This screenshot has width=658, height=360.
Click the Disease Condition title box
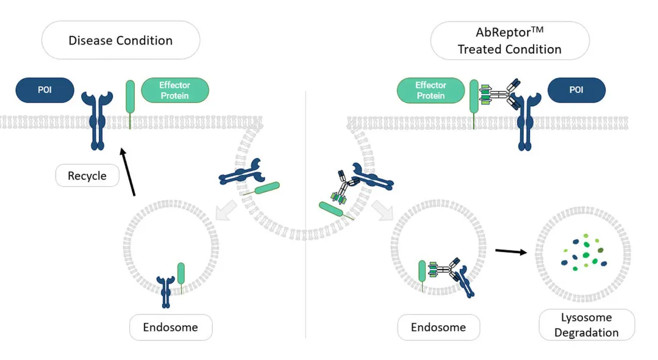coord(121,41)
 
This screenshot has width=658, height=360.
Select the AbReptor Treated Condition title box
coord(510,41)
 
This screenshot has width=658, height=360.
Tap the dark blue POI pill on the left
coord(45,90)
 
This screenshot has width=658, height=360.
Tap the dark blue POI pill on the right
coord(576,90)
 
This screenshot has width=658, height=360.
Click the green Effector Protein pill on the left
coord(175,90)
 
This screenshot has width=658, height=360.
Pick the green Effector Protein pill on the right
coord(431,90)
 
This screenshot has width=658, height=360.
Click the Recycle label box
coord(87,176)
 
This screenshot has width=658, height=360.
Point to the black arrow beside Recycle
coord(128,173)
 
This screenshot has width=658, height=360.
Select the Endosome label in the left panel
coord(171,328)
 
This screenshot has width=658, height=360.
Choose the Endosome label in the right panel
coord(438,328)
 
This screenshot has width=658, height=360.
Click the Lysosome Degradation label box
coord(587,325)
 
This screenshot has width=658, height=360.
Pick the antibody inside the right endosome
coord(446,268)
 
